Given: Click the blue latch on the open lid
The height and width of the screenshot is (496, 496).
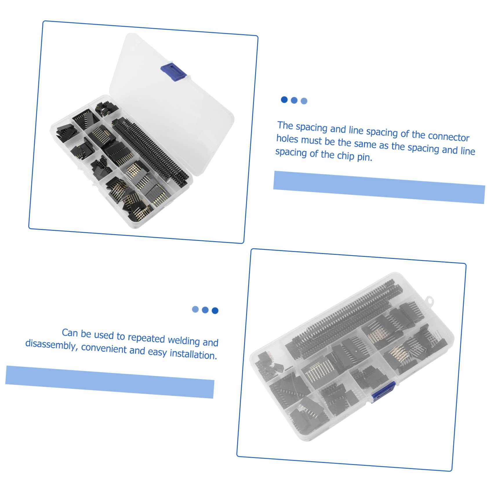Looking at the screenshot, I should pos(173,72).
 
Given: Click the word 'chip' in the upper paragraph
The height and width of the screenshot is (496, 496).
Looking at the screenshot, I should pos(346,156).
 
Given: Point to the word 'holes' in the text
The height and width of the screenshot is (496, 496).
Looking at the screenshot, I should pos(287,139).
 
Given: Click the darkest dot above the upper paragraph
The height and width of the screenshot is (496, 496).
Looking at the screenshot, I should pos(284,100).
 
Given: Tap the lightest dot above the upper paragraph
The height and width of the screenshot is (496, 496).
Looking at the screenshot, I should pos(304,101).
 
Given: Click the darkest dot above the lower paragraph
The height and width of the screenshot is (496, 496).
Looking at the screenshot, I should pos(215,310).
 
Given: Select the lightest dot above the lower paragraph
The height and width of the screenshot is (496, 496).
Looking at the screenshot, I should pos(195,309).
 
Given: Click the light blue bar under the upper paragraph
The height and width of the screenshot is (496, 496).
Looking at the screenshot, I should pos(379,187).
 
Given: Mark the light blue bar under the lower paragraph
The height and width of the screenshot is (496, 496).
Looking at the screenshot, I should pos(110,382).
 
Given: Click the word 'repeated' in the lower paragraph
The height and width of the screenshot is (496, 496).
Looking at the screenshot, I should pos(146,338).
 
